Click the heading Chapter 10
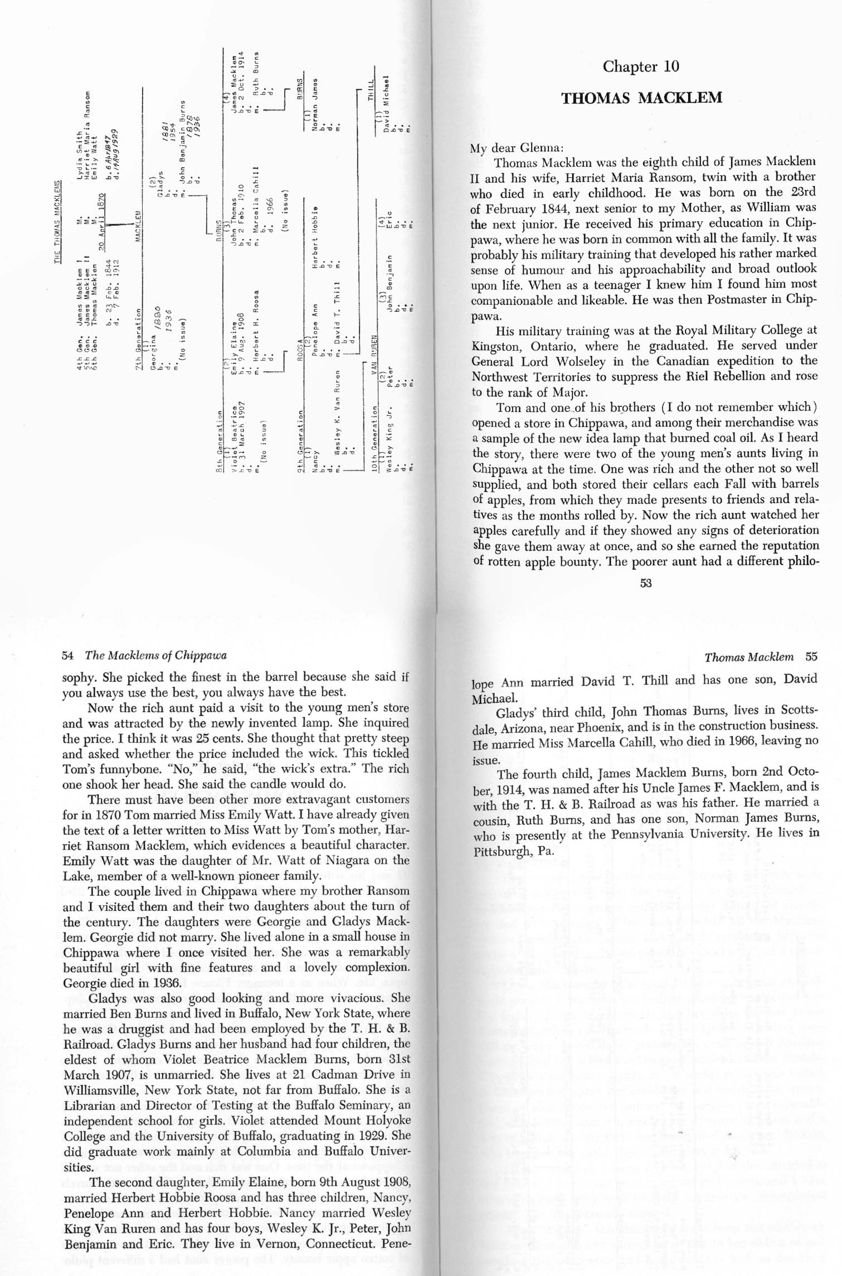pos(641,67)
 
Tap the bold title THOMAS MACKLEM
pos(641,98)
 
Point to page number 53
pos(646,583)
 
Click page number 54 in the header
pos(67,656)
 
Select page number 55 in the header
pos(811,657)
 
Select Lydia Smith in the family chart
pos(79,151)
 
